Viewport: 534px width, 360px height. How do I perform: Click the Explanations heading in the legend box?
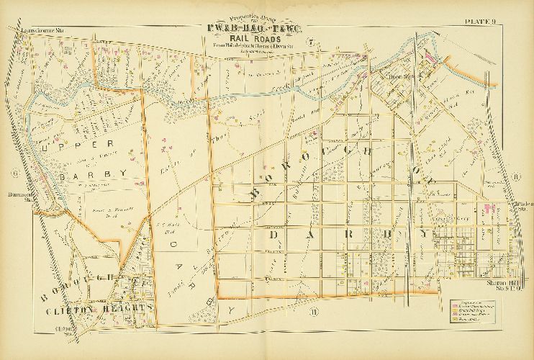click(468, 303)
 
